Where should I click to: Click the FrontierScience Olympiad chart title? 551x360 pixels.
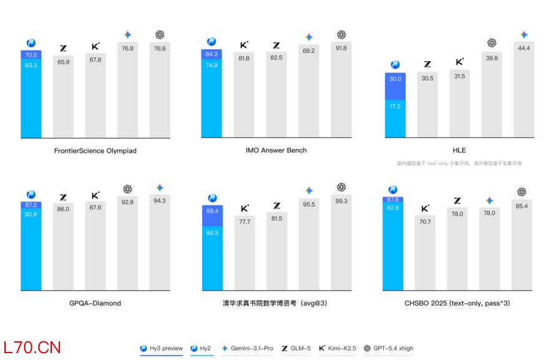coord(95,150)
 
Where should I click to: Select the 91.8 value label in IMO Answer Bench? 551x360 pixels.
coord(341,48)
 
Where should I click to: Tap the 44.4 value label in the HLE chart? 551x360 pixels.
coord(524,48)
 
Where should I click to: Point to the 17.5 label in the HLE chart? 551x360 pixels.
coord(395,107)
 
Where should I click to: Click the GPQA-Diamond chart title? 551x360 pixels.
coord(95,303)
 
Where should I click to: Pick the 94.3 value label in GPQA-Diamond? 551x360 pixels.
coord(160,200)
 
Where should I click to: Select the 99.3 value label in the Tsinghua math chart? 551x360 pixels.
coord(341,201)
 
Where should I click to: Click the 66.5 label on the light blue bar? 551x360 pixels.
coord(212,233)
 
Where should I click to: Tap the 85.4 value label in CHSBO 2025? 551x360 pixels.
coord(522,206)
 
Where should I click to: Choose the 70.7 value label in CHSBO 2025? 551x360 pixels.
coord(425,221)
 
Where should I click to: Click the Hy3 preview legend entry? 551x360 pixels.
coord(161,348)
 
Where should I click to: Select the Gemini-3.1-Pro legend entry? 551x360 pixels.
coord(247,348)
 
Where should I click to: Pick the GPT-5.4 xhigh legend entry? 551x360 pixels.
coord(388,348)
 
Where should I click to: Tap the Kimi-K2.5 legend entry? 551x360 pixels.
coord(338,348)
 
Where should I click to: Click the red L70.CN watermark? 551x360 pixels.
coord(32,348)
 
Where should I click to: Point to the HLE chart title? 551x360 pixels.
coord(459,150)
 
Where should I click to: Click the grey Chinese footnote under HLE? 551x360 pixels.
coord(459,163)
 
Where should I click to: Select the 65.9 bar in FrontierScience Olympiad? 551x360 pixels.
coord(63,97)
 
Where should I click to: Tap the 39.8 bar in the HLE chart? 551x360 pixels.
coord(492,94)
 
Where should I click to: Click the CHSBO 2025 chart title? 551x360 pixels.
coord(457,303)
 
